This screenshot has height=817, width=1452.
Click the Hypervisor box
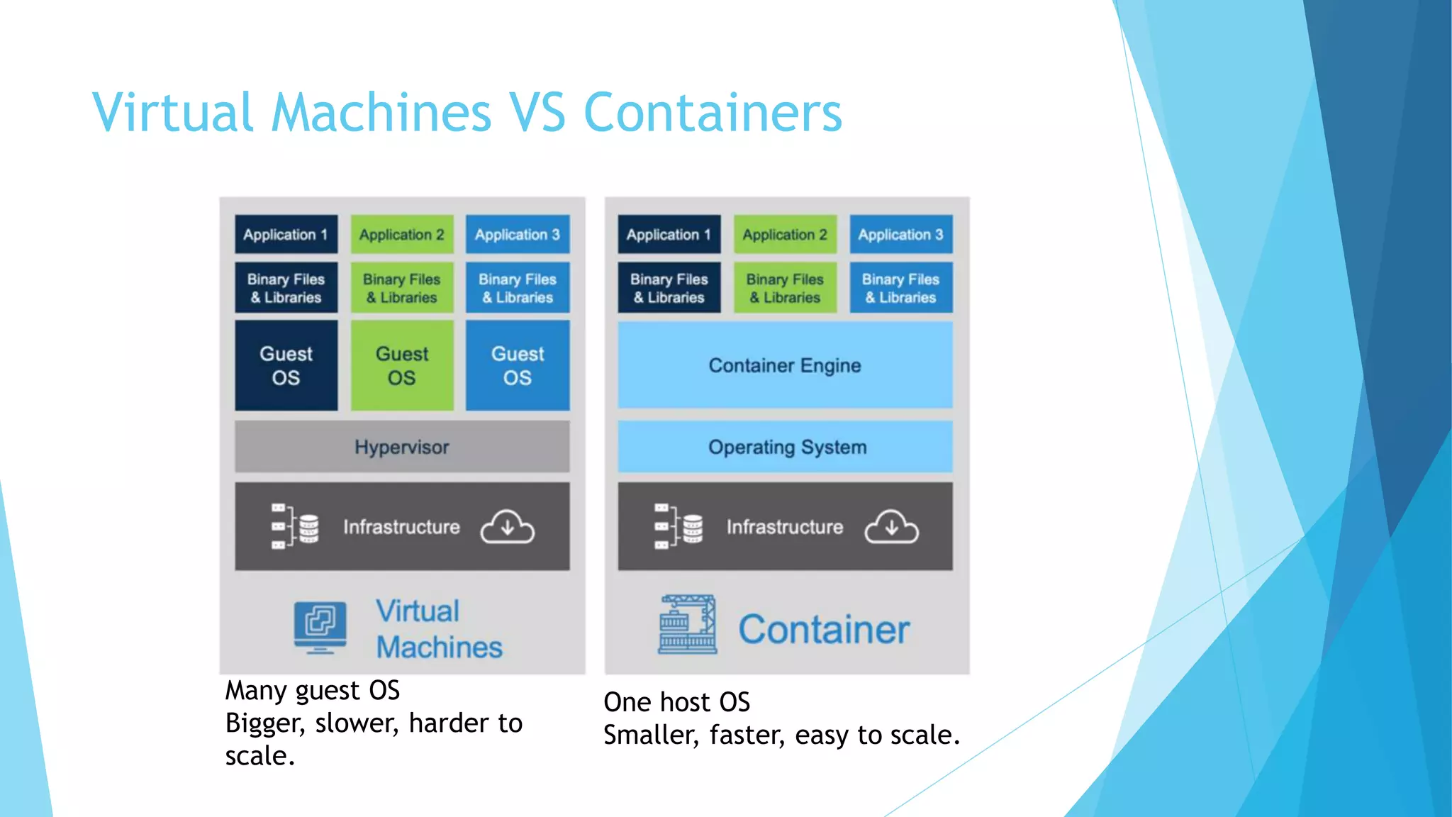coord(402,447)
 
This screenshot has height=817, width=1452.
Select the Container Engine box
coord(785,365)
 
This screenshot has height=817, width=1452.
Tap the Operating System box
coord(786,447)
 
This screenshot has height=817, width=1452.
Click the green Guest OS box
coord(402,365)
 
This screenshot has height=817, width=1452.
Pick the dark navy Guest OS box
coord(286,365)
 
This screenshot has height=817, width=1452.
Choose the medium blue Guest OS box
coord(518,365)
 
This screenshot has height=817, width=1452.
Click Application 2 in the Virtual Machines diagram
coord(402,234)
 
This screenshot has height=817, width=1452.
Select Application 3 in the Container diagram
coord(901,234)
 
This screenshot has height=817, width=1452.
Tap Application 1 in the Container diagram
coord(669,234)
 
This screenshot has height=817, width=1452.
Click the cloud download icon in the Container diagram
coord(891,527)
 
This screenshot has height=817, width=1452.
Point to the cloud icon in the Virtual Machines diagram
coord(508,527)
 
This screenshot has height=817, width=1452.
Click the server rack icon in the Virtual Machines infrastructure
coord(295,527)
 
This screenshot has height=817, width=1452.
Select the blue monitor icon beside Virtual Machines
coord(320,627)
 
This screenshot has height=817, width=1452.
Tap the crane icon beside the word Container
coord(687,625)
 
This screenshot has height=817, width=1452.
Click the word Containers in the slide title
coord(713,112)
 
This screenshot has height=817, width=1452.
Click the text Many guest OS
coord(313,690)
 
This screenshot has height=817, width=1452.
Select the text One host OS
coord(676,702)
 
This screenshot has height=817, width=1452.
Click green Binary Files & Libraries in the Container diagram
coord(785,288)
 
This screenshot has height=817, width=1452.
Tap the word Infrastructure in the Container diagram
coord(785,527)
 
